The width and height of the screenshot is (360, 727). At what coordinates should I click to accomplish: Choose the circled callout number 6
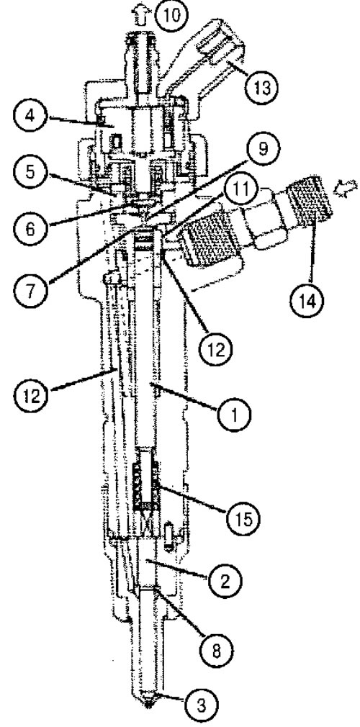point(30,228)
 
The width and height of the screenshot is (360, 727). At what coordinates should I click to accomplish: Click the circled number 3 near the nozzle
point(200,705)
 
